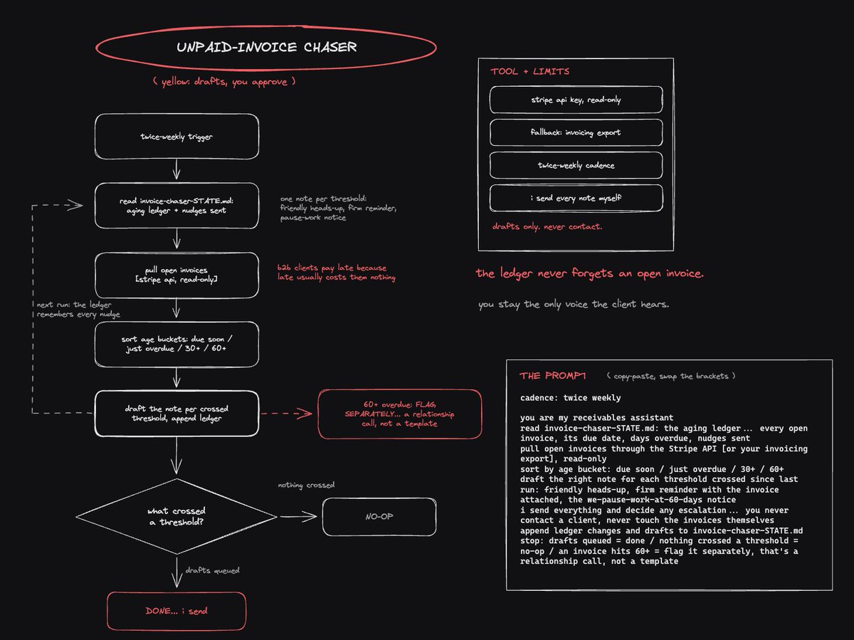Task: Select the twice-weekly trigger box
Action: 176,137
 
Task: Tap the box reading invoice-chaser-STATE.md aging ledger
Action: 176,206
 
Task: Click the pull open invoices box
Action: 176,275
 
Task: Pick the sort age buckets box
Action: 176,344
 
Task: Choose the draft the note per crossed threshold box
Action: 176,413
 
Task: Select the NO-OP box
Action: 379,517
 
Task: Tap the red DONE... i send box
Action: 176,611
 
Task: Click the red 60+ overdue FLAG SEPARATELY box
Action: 400,414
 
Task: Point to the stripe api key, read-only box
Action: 576,100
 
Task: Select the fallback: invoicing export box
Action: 576,132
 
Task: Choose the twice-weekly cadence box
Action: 576,165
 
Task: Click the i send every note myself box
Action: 576,198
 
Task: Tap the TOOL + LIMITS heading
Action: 529,72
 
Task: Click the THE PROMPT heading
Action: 552,376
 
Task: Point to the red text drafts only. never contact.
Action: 547,226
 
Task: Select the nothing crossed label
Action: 306,485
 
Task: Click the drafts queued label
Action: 212,570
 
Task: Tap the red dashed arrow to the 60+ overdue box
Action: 286,413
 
